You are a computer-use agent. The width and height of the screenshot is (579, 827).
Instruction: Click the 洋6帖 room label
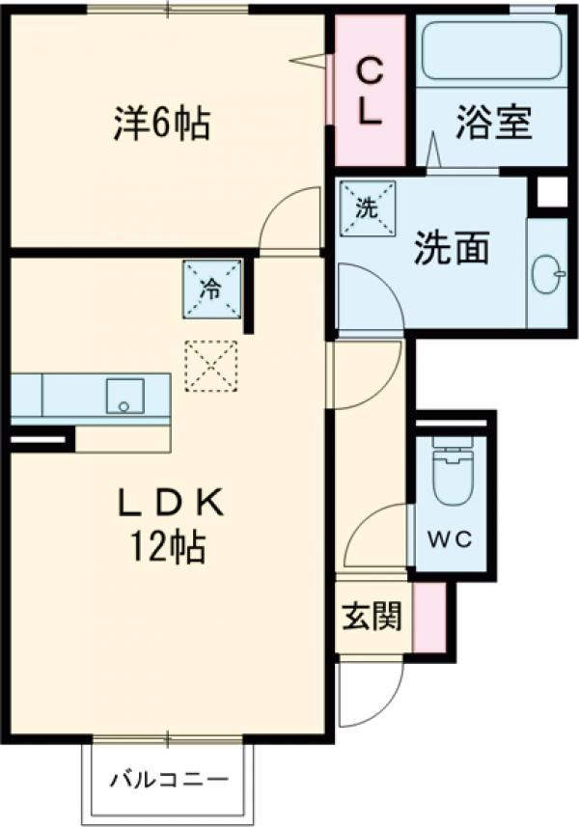pos(160,123)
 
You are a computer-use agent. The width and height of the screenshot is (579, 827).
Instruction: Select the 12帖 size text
pos(170,548)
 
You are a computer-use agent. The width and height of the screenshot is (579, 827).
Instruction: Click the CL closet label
pos(370,89)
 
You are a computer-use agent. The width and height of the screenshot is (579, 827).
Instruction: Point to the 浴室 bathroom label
pos(495,126)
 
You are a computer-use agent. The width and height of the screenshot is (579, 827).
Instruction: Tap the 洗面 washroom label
pos(451,248)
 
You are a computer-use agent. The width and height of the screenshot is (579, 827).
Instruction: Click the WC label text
pos(451,539)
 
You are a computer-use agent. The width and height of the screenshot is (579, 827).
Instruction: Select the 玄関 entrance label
pos(372,617)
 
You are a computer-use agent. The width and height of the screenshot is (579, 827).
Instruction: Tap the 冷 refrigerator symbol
pos(212,287)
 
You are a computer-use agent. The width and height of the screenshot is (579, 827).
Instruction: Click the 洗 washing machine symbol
pos(367,206)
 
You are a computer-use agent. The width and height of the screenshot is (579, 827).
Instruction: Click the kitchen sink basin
pos(124,397)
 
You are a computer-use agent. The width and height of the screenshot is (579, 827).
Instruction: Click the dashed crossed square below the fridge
pos(210,364)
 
